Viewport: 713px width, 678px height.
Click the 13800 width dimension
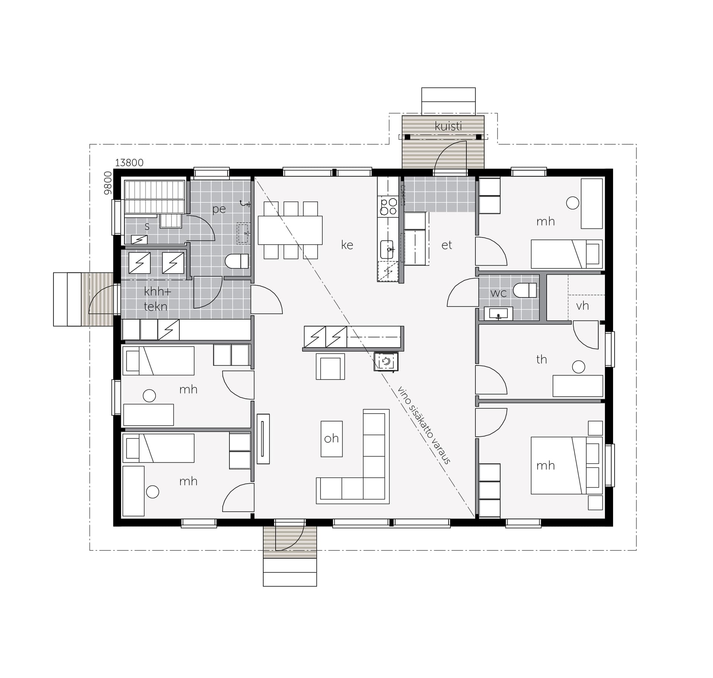coord(129,162)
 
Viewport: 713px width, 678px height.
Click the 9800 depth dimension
coord(108,183)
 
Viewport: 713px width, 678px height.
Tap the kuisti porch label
coord(448,126)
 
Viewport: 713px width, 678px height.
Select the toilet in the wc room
coord(525,290)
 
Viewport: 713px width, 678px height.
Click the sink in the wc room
coord(498,314)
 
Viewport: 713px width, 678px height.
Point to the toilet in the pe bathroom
coord(237,261)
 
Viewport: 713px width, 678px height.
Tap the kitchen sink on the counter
coord(387,249)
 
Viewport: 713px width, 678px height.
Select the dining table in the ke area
coord(290,230)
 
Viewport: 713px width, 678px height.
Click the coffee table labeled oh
coord(332,439)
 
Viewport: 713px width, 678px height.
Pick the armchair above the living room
coord(330,366)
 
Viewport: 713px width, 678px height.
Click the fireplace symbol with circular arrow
coord(386,361)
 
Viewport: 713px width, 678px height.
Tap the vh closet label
coord(582,306)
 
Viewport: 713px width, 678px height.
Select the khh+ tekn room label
coord(157,299)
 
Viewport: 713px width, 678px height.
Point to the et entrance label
coord(447,245)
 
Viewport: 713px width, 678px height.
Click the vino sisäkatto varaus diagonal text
coord(424,425)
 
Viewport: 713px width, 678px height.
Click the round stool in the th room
coord(579,367)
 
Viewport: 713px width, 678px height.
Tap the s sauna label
coord(147,226)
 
